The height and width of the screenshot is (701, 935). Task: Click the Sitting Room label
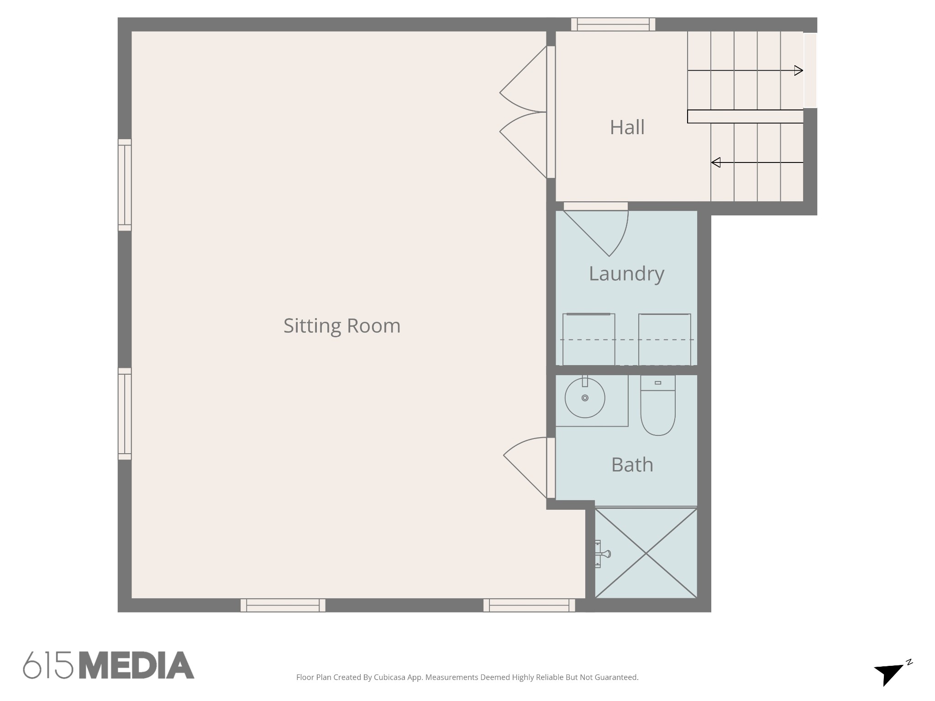coord(342,326)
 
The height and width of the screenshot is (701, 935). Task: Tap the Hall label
coord(627,127)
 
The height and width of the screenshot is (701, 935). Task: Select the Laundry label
coord(626,274)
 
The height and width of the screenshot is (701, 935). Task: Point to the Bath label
coord(632,465)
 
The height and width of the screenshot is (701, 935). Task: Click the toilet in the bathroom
coord(658,405)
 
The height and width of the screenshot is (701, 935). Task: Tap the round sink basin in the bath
coord(585,398)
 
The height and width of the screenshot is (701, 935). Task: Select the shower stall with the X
coord(646,553)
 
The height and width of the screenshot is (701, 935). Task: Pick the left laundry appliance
coord(588,339)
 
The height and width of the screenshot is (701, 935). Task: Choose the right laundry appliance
coord(665,339)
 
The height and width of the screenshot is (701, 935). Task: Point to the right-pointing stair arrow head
coord(798,71)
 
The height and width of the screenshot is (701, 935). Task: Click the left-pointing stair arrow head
coord(716,162)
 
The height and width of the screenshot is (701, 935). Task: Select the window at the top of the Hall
coord(613,25)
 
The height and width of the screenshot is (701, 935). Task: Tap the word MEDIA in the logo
coord(137,665)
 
